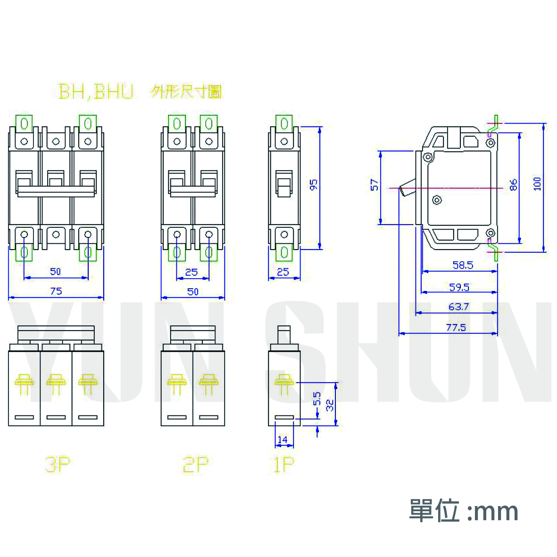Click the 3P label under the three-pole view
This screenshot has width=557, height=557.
[x=58, y=465]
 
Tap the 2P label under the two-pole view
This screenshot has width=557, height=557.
[x=195, y=465]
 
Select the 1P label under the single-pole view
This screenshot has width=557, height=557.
[x=283, y=465]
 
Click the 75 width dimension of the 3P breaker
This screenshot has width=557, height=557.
[x=56, y=291]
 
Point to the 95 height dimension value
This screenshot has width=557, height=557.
[x=314, y=184]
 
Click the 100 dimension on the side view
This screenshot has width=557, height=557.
[x=537, y=184]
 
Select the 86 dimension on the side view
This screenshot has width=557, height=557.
[x=513, y=184]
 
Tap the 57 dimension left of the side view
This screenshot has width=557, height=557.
[x=374, y=184]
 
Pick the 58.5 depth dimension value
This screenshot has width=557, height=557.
[x=463, y=265]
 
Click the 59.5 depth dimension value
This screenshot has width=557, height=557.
[x=459, y=287]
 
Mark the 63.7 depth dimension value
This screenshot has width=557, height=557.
[x=458, y=307]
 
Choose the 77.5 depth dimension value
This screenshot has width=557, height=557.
[x=456, y=327]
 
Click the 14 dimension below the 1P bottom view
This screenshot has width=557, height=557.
[x=283, y=440]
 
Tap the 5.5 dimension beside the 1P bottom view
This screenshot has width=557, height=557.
[x=317, y=399]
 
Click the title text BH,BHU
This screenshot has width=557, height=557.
[x=96, y=91]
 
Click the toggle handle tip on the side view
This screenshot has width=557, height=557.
[x=402, y=191]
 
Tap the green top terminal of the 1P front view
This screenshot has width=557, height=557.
[x=284, y=124]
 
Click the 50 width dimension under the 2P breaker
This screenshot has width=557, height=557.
[x=193, y=291]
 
